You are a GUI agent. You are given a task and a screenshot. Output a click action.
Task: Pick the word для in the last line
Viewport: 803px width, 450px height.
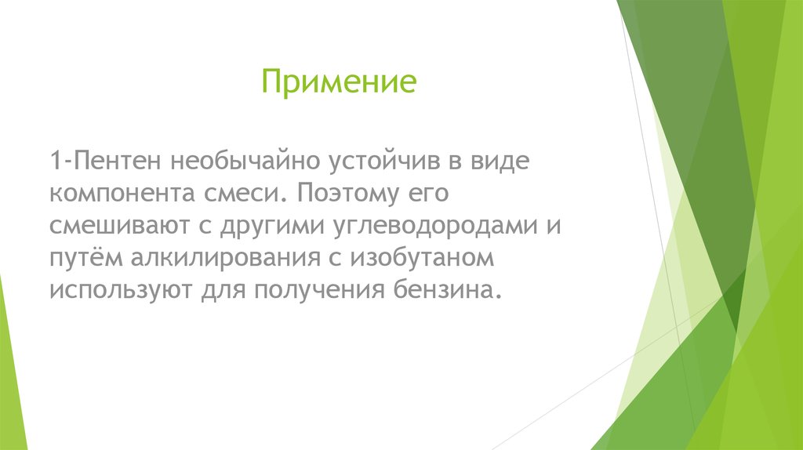tap(219, 290)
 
